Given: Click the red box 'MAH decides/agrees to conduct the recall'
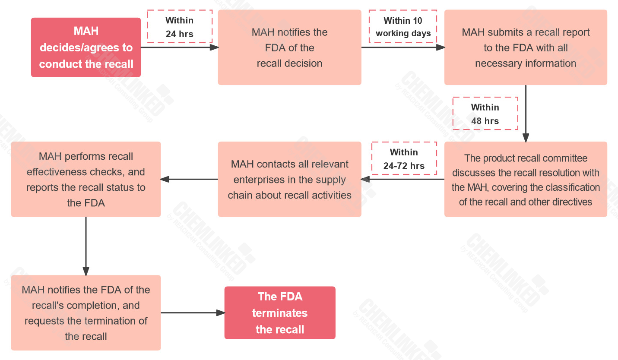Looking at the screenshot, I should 86,47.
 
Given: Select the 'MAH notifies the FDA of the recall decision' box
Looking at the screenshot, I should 289,47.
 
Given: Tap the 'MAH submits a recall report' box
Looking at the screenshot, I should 526,47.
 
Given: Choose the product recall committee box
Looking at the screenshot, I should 526,179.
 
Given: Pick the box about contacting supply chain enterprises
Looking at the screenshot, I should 289,179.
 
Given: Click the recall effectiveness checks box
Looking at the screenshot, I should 86,179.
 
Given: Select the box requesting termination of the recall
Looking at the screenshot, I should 86,313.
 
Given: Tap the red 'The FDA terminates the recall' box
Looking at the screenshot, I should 280,313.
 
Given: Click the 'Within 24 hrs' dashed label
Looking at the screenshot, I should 180,27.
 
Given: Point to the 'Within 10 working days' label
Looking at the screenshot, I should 403,27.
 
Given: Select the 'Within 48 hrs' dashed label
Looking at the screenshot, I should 485,114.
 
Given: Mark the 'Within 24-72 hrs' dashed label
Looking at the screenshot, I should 404,158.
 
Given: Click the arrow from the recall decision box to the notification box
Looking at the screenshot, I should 179,47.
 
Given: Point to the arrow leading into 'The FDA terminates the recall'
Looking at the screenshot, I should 193,313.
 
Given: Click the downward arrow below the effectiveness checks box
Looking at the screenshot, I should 86,246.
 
